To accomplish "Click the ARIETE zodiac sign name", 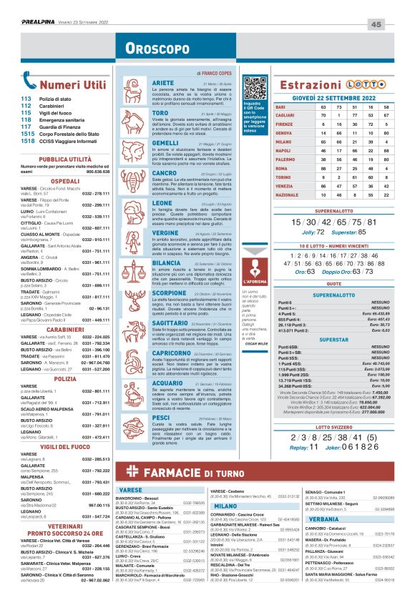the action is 163,83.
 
